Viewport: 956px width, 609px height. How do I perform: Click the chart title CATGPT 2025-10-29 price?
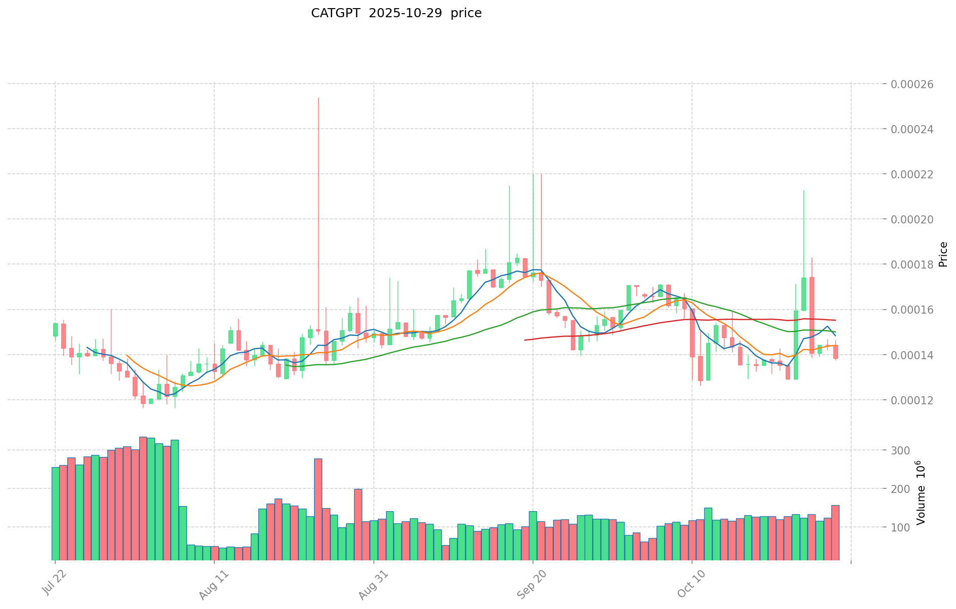[396, 13]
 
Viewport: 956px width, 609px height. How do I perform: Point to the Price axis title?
[943, 254]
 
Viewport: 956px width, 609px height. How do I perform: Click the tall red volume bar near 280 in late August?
[318, 509]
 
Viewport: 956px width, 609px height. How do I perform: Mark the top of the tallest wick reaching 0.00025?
[318, 98]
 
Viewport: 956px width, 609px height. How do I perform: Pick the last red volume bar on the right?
[835, 532]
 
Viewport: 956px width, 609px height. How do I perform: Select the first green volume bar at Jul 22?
[55, 513]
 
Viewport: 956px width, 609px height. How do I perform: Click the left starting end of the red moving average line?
[525, 340]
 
